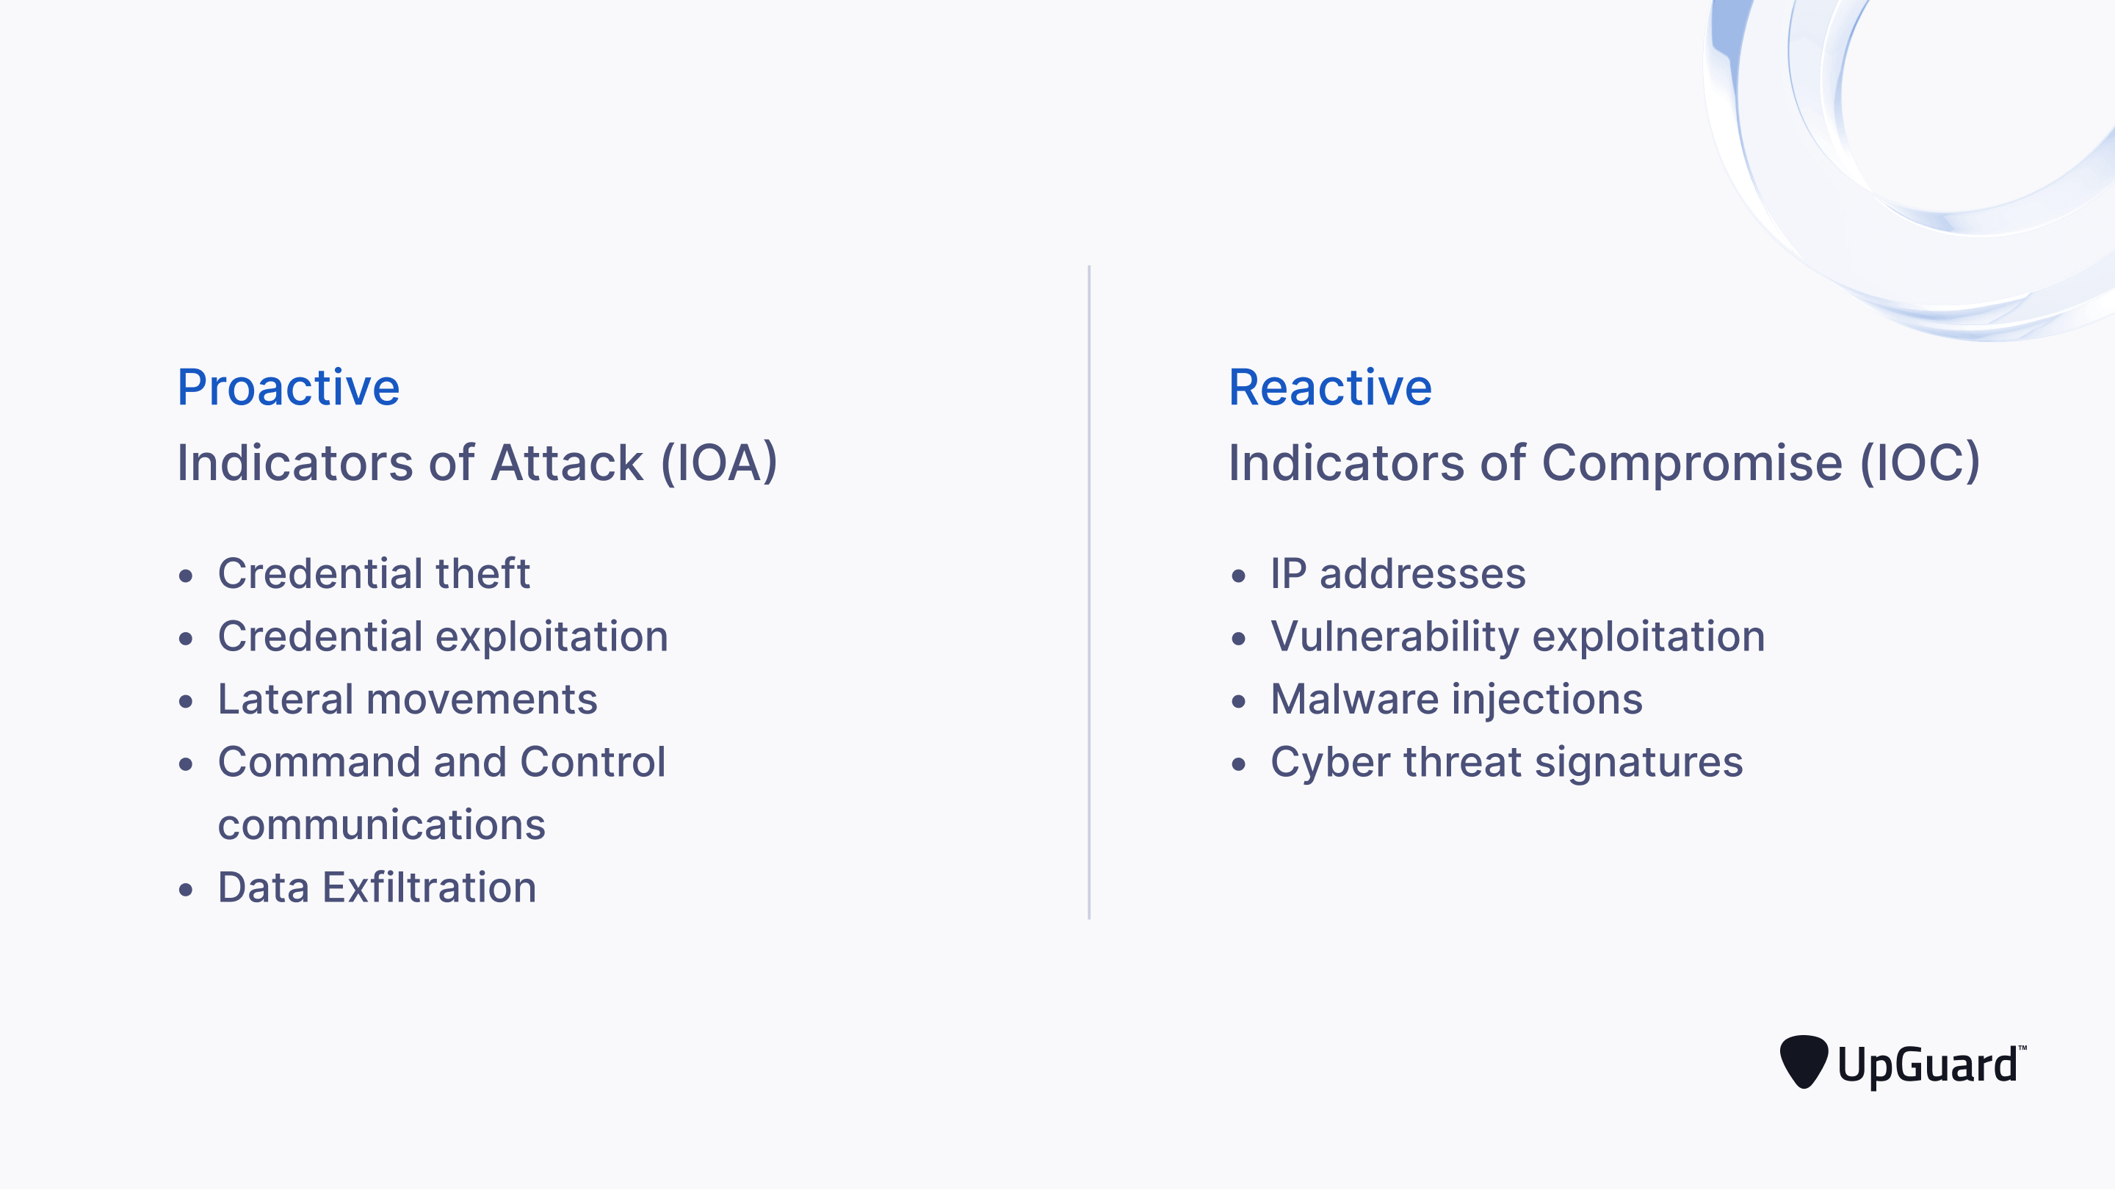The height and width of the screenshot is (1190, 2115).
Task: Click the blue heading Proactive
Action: [x=288, y=388]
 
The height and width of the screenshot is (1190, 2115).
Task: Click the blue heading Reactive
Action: [x=1329, y=388]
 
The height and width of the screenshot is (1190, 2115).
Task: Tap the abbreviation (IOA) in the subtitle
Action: [x=718, y=463]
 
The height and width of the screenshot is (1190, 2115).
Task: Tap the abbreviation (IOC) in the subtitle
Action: [x=1920, y=463]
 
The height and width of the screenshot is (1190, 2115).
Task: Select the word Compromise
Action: [x=1691, y=463]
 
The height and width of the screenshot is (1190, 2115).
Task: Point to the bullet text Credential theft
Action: [x=374, y=573]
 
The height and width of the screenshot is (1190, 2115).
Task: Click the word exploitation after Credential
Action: [x=552, y=637]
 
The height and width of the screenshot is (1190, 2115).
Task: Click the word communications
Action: [x=382, y=825]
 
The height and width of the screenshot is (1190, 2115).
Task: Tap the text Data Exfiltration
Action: [x=377, y=888]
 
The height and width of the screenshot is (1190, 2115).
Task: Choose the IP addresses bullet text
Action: [x=1398, y=573]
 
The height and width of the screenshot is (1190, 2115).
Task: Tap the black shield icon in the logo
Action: [x=1803, y=1061]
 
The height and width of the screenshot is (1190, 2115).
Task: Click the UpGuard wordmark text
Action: [x=1927, y=1065]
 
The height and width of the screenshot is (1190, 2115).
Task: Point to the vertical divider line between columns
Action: [x=1088, y=591]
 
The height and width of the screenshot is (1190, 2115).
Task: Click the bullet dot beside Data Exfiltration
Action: [x=186, y=890]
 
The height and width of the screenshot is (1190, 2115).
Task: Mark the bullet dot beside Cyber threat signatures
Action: [x=1238, y=764]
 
